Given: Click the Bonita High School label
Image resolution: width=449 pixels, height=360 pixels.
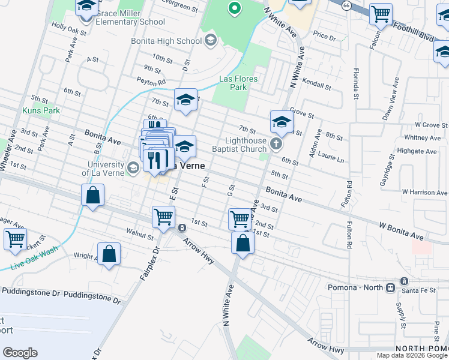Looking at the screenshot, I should coord(166,41).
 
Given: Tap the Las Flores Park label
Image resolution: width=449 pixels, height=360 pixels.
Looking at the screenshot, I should coord(238,83).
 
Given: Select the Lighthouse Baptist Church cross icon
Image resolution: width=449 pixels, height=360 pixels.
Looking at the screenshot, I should coord(276,143).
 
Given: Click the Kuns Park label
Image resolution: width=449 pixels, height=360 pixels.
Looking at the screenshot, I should coord(41,110).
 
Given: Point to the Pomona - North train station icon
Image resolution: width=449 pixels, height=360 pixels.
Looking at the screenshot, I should coord(390,287).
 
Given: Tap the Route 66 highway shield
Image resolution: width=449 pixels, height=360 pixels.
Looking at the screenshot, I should coord(346,5).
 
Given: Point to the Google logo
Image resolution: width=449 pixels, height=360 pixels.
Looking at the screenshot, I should coord(20,353).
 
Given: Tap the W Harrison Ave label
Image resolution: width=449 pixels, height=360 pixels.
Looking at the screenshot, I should coord(425,193).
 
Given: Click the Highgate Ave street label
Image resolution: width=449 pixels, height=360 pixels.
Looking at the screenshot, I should coord(417,152).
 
